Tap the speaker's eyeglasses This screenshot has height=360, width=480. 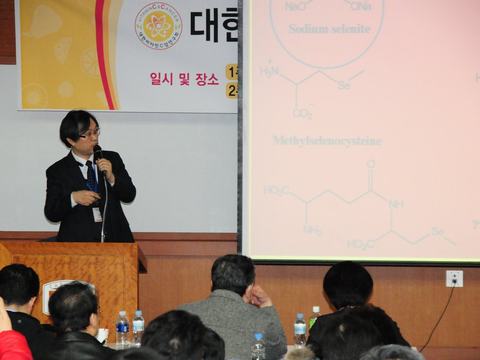tap(88, 132)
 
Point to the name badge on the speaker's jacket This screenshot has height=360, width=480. tap(97, 213)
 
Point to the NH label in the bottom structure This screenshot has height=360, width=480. tap(396, 203)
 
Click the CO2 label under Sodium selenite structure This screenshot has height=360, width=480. tap(303, 112)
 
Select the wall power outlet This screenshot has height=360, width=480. tap(454, 278)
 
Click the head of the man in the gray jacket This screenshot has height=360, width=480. tap(233, 275)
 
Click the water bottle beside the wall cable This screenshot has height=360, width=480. tap(300, 328)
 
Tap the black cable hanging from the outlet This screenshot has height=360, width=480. tap(441, 315)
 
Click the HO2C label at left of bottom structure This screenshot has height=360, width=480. tap(276, 190)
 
